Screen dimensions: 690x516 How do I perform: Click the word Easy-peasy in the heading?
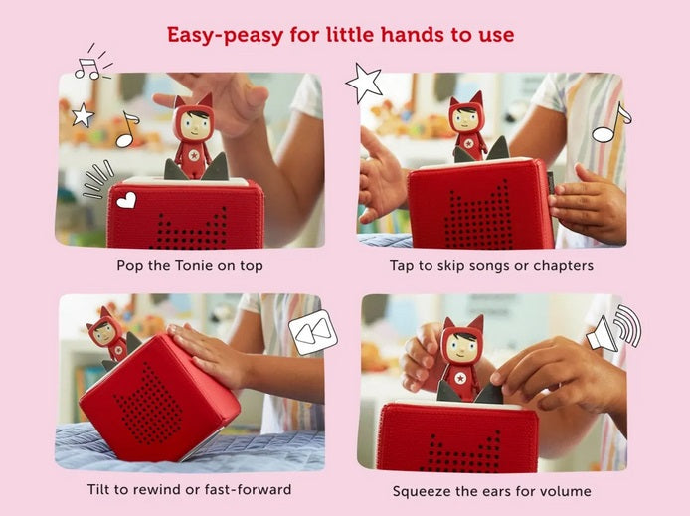[x=225, y=35]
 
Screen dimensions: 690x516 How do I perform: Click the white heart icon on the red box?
[x=126, y=200]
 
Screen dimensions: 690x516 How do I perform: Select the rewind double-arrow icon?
[x=313, y=332]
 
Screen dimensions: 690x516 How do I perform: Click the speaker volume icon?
[x=613, y=328]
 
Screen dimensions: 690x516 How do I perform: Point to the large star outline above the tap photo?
[x=364, y=83]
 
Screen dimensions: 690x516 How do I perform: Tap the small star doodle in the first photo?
[x=83, y=115]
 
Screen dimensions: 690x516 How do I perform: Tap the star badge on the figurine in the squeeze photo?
[x=460, y=378]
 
